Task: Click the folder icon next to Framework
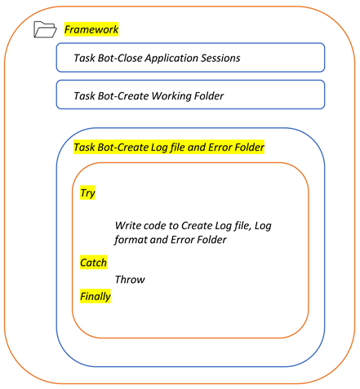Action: pyautogui.click(x=45, y=30)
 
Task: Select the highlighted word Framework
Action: pyautogui.click(x=91, y=29)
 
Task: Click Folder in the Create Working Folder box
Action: pyautogui.click(x=209, y=95)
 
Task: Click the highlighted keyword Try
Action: pyautogui.click(x=87, y=193)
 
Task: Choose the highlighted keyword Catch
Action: pyautogui.click(x=93, y=263)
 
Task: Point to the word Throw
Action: pyautogui.click(x=129, y=280)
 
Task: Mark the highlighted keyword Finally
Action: pyautogui.click(x=95, y=296)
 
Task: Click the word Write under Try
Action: pyautogui.click(x=130, y=224)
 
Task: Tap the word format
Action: pyautogui.click(x=132, y=241)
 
